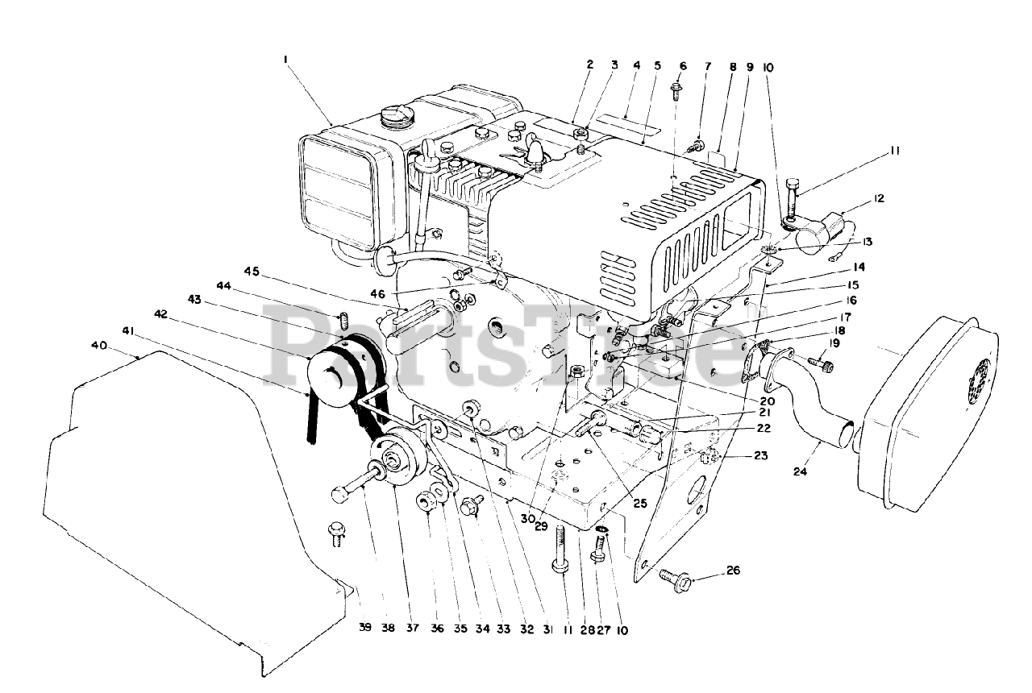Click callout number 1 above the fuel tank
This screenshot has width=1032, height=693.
285,59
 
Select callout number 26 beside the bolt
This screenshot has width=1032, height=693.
731,571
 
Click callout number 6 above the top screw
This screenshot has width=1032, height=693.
684,65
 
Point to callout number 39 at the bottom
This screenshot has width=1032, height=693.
366,629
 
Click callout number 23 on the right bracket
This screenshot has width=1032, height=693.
761,455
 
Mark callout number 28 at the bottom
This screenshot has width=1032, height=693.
580,629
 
